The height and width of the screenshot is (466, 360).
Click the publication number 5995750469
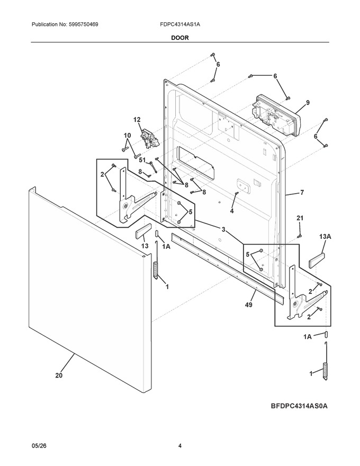click(x=83, y=24)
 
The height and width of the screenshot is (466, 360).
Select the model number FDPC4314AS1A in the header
click(x=179, y=24)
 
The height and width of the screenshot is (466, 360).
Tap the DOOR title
click(x=179, y=38)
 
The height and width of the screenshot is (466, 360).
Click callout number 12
click(x=137, y=120)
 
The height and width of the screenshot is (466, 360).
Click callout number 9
click(x=308, y=103)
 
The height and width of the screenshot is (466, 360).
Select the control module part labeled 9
click(x=276, y=116)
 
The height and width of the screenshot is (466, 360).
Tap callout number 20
click(x=59, y=375)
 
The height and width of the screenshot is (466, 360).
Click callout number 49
click(x=249, y=304)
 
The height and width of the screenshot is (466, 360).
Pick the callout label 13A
click(x=325, y=237)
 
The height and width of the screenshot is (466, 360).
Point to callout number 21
click(x=300, y=218)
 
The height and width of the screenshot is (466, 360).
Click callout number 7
click(x=302, y=193)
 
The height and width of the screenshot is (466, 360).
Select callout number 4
click(x=232, y=211)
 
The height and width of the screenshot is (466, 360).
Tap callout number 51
click(x=142, y=160)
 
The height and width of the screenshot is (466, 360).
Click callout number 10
click(x=127, y=136)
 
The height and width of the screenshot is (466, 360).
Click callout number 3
click(x=223, y=229)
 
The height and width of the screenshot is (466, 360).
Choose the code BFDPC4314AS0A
click(x=299, y=406)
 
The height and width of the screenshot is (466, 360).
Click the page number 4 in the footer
click(x=179, y=446)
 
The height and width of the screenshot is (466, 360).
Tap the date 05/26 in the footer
click(x=37, y=446)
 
